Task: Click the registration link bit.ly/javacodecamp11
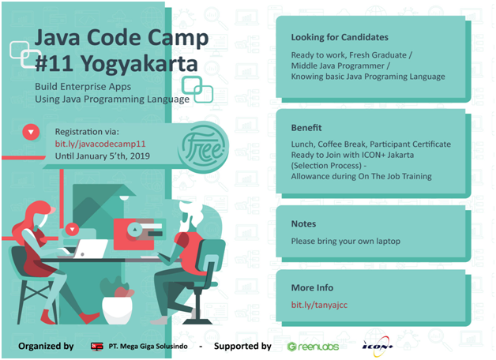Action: [100, 144]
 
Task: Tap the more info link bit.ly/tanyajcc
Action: [319, 305]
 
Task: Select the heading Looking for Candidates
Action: [340, 37]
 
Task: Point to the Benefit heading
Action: [306, 128]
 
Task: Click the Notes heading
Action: [303, 223]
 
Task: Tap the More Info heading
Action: [312, 287]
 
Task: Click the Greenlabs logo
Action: [313, 347]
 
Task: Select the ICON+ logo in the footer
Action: [378, 347]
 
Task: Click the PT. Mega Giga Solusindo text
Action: [148, 347]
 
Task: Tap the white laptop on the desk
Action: [89, 249]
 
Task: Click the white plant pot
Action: [117, 310]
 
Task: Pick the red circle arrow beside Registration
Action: [31, 132]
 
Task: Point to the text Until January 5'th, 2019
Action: [103, 156]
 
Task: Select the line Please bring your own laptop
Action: [345, 241]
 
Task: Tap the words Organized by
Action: [46, 347]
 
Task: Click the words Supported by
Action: [242, 347]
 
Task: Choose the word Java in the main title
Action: [57, 38]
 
